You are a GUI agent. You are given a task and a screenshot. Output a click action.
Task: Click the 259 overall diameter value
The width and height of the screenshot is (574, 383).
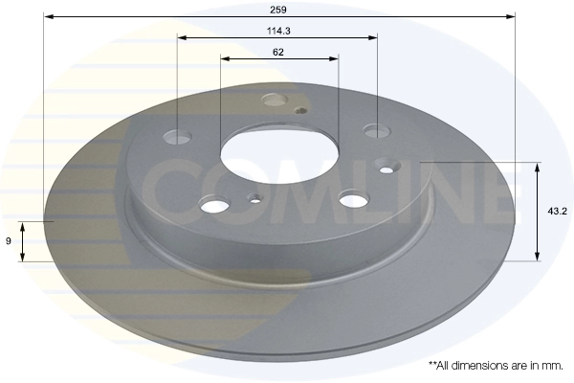(x=278, y=8)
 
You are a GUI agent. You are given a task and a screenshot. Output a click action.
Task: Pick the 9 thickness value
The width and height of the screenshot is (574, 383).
(x=9, y=241)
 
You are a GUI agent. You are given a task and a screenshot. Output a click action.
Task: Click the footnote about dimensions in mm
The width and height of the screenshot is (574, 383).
(x=494, y=366)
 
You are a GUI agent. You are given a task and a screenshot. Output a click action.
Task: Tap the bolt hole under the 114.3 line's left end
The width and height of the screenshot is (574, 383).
(x=179, y=137)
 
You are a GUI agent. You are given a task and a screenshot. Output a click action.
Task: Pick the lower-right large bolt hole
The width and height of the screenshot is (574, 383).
(x=353, y=198)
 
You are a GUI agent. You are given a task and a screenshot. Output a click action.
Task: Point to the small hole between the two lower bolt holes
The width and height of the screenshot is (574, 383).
(x=254, y=200)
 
